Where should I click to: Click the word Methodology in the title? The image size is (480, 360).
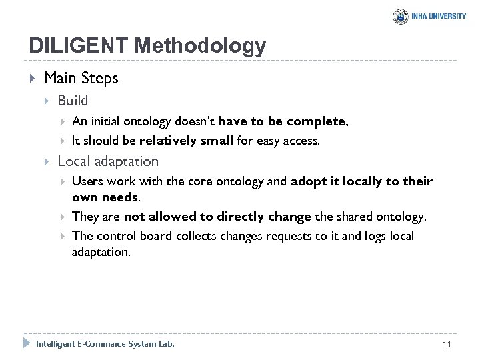coord(199,46)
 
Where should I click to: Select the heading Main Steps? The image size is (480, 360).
coord(81,78)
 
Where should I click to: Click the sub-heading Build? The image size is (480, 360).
coord(73,101)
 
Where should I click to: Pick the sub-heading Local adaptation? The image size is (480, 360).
coord(108,161)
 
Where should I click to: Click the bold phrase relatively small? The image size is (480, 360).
coord(186,141)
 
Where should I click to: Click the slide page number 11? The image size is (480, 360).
coord(447,344)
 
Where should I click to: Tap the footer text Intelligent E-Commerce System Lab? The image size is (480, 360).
coord(105,344)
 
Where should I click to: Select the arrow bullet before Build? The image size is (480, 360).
coord(47,101)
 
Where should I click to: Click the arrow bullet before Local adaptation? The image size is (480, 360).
coord(47,162)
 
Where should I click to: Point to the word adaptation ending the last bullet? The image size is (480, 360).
coord(101,253)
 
